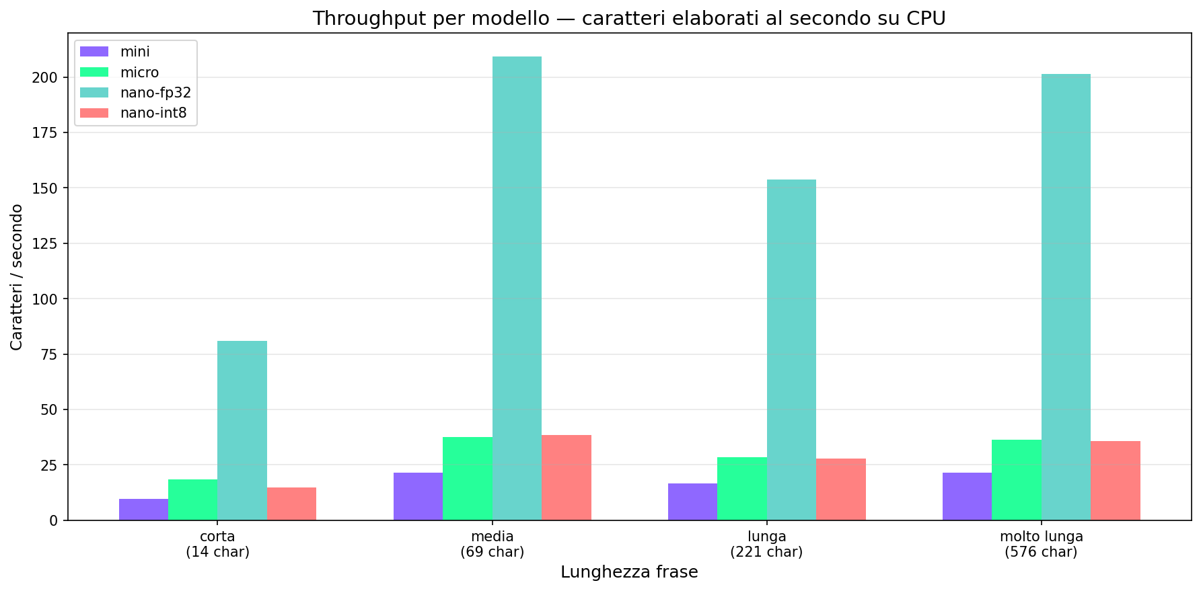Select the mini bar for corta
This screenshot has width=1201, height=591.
(x=143, y=510)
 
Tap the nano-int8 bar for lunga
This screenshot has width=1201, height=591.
(x=840, y=489)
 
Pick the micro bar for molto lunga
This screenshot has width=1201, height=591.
(x=1016, y=480)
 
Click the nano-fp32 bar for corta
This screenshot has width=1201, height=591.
(x=242, y=430)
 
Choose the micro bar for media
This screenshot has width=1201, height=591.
(x=468, y=479)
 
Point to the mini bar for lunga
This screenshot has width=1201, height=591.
(x=692, y=502)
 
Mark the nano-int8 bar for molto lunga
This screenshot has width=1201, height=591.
(x=1115, y=481)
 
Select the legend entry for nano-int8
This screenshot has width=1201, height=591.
(x=153, y=113)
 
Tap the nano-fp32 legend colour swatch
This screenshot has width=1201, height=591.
(x=94, y=93)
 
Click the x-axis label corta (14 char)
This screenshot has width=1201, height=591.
(x=217, y=545)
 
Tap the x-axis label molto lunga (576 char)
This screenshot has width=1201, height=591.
(x=1041, y=545)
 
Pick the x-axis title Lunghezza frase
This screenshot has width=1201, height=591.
(x=629, y=572)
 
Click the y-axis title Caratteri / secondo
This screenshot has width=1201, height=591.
(x=17, y=277)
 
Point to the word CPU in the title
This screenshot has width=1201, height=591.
(x=928, y=18)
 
